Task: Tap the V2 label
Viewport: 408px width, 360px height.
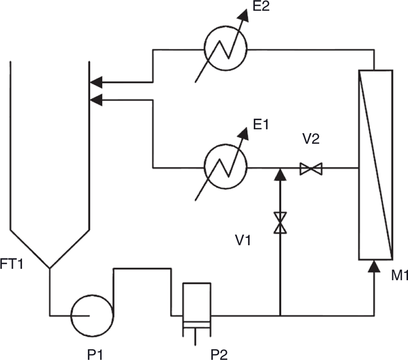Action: (310, 139)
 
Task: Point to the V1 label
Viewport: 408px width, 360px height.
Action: (243, 240)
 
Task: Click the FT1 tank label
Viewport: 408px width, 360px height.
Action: (12, 264)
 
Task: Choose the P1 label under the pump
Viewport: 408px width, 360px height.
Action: (95, 354)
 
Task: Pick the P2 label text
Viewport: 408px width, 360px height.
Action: (219, 354)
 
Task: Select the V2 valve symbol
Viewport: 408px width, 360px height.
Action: (311, 168)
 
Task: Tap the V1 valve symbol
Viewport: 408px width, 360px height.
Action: (280, 223)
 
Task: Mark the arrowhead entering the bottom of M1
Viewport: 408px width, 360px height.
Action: (374, 266)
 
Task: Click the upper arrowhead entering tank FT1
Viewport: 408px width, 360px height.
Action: (96, 82)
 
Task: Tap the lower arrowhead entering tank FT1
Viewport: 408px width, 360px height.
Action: (96, 100)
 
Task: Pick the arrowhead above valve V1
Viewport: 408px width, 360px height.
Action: (280, 174)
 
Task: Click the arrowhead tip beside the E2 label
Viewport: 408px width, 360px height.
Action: (247, 9)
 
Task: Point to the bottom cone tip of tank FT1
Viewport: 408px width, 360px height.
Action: (50, 268)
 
